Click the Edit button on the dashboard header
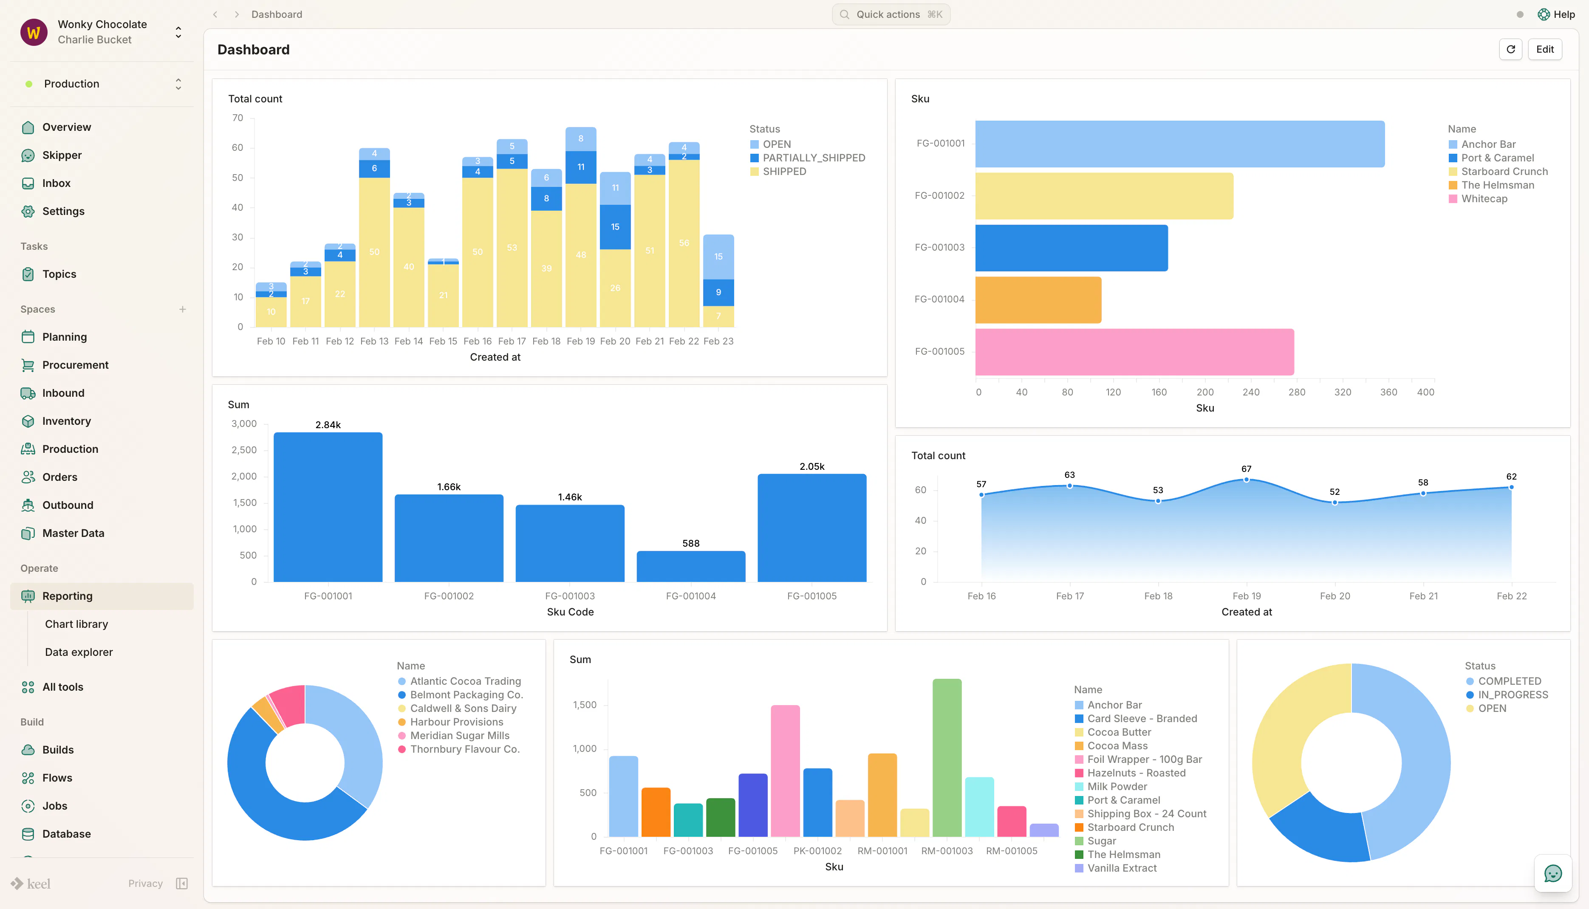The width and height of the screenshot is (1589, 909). tap(1545, 49)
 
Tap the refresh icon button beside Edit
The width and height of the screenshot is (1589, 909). tap(1510, 49)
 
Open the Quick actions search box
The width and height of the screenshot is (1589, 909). tap(891, 14)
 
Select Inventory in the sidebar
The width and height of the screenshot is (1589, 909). tap(66, 421)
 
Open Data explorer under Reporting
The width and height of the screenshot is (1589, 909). tap(79, 652)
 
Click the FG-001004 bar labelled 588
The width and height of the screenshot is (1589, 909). tap(690, 566)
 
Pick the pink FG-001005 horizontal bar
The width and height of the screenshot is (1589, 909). tap(1134, 351)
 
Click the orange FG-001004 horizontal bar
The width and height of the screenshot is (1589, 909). tap(1038, 299)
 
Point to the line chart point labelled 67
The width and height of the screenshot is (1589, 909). tap(1246, 480)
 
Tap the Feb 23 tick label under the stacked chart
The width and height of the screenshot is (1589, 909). tap(718, 341)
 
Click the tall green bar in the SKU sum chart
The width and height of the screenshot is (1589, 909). tap(947, 757)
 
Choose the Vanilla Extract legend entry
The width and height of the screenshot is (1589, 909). tap(1116, 868)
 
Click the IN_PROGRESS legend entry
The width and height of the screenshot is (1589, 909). tap(1507, 695)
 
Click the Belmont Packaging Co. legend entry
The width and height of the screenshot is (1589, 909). tap(461, 695)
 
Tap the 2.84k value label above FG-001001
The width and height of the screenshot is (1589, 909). tap(328, 424)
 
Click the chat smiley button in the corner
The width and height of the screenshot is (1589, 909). tap(1553, 873)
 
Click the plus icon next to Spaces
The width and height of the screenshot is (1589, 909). tap(182, 309)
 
